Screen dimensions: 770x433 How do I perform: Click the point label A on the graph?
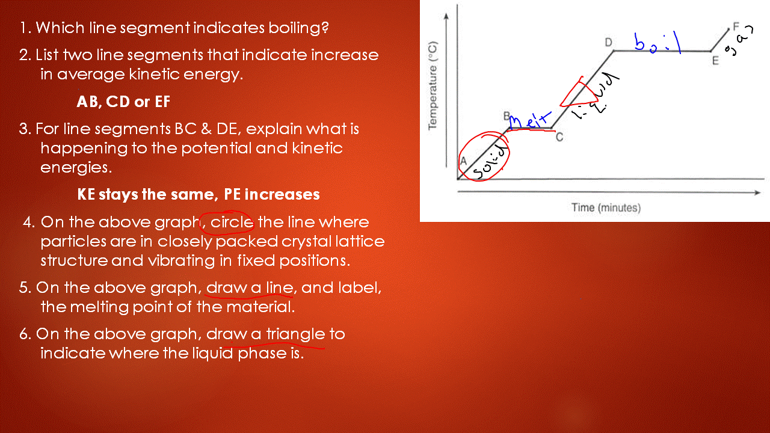point(463,161)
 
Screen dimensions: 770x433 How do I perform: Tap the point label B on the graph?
point(507,116)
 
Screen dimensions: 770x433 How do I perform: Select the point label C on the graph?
point(559,137)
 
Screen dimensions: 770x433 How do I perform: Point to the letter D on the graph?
point(608,42)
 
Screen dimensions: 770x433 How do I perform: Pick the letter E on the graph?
point(715,61)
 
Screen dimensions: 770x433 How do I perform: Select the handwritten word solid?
point(490,162)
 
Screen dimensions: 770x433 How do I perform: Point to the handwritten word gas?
point(739,40)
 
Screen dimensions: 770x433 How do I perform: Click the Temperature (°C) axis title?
point(433,85)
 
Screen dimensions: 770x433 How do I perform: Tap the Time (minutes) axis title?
point(606,207)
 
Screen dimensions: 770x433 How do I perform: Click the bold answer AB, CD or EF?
point(123,102)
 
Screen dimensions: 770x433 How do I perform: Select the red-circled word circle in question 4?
point(232,223)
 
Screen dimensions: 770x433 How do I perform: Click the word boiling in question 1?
point(298,28)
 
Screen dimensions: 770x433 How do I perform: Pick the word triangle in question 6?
point(295,334)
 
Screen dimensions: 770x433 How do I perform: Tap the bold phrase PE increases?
point(271,194)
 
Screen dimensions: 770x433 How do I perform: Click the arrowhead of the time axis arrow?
point(757,192)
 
